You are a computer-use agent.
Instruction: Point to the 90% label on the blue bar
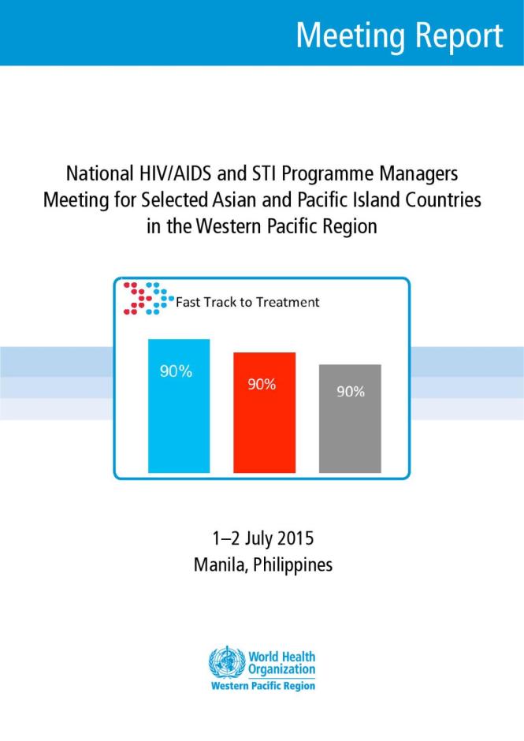(176, 372)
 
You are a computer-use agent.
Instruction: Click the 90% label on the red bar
(262, 385)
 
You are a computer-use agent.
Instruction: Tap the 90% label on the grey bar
(351, 391)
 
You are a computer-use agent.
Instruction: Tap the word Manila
(219, 564)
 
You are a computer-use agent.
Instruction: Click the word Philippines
(293, 565)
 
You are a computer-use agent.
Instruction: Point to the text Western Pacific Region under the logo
(263, 686)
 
